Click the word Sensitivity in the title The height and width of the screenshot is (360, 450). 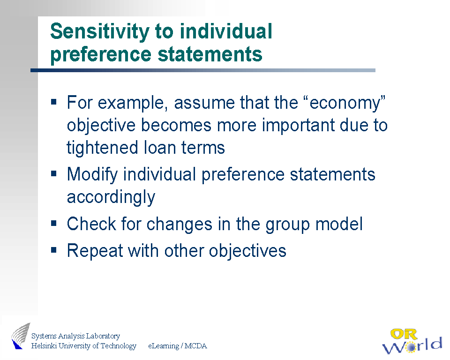click(99, 31)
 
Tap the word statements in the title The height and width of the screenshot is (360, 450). click(210, 54)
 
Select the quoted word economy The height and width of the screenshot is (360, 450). click(347, 103)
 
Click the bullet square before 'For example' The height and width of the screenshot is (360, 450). click(53, 102)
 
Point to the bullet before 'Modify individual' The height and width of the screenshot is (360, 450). click(53, 173)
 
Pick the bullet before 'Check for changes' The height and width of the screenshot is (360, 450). click(53, 223)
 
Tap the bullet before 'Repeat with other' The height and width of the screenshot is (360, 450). click(53, 250)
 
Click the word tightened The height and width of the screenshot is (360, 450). click(103, 148)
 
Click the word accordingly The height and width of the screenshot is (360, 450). click(111, 198)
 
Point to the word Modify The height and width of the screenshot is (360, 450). click(92, 175)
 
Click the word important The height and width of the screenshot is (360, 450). click(298, 126)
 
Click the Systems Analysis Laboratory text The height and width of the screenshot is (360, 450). click(75, 336)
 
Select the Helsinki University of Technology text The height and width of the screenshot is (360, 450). click(83, 346)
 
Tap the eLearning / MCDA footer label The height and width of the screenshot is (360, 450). click(177, 346)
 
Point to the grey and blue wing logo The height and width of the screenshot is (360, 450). click(21, 336)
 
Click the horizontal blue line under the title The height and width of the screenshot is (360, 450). click(203, 70)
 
